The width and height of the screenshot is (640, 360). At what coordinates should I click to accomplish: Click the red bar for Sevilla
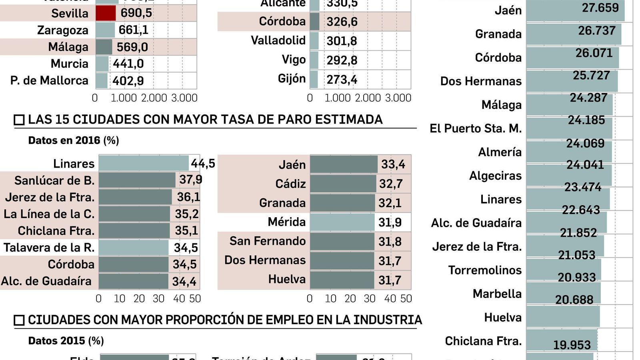click(106, 13)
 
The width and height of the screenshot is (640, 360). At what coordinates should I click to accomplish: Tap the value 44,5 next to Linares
click(203, 163)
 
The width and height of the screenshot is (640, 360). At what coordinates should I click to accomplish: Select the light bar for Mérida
click(342, 222)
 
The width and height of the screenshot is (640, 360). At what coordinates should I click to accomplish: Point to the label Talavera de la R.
click(49, 248)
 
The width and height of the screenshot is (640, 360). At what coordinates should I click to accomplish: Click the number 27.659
click(600, 8)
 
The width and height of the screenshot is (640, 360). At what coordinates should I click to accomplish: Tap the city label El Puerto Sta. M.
click(476, 128)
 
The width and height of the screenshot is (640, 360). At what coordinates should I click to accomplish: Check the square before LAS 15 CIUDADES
click(19, 120)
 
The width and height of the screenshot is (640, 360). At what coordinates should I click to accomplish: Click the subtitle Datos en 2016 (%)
click(74, 140)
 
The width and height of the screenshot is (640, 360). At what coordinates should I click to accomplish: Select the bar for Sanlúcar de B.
click(137, 180)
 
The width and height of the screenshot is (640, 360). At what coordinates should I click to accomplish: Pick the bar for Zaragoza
click(105, 30)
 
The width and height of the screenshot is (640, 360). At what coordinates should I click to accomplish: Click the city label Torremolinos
click(485, 270)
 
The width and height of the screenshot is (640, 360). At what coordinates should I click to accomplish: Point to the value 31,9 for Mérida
click(390, 222)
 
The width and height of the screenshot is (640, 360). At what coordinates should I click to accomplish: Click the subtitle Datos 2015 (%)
click(66, 341)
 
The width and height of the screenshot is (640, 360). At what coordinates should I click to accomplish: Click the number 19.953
click(572, 345)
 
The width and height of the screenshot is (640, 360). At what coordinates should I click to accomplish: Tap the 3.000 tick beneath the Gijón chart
click(398, 98)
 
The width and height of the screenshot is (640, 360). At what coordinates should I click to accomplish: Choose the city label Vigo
click(294, 60)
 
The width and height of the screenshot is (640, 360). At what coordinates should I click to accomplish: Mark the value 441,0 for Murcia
click(128, 64)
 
